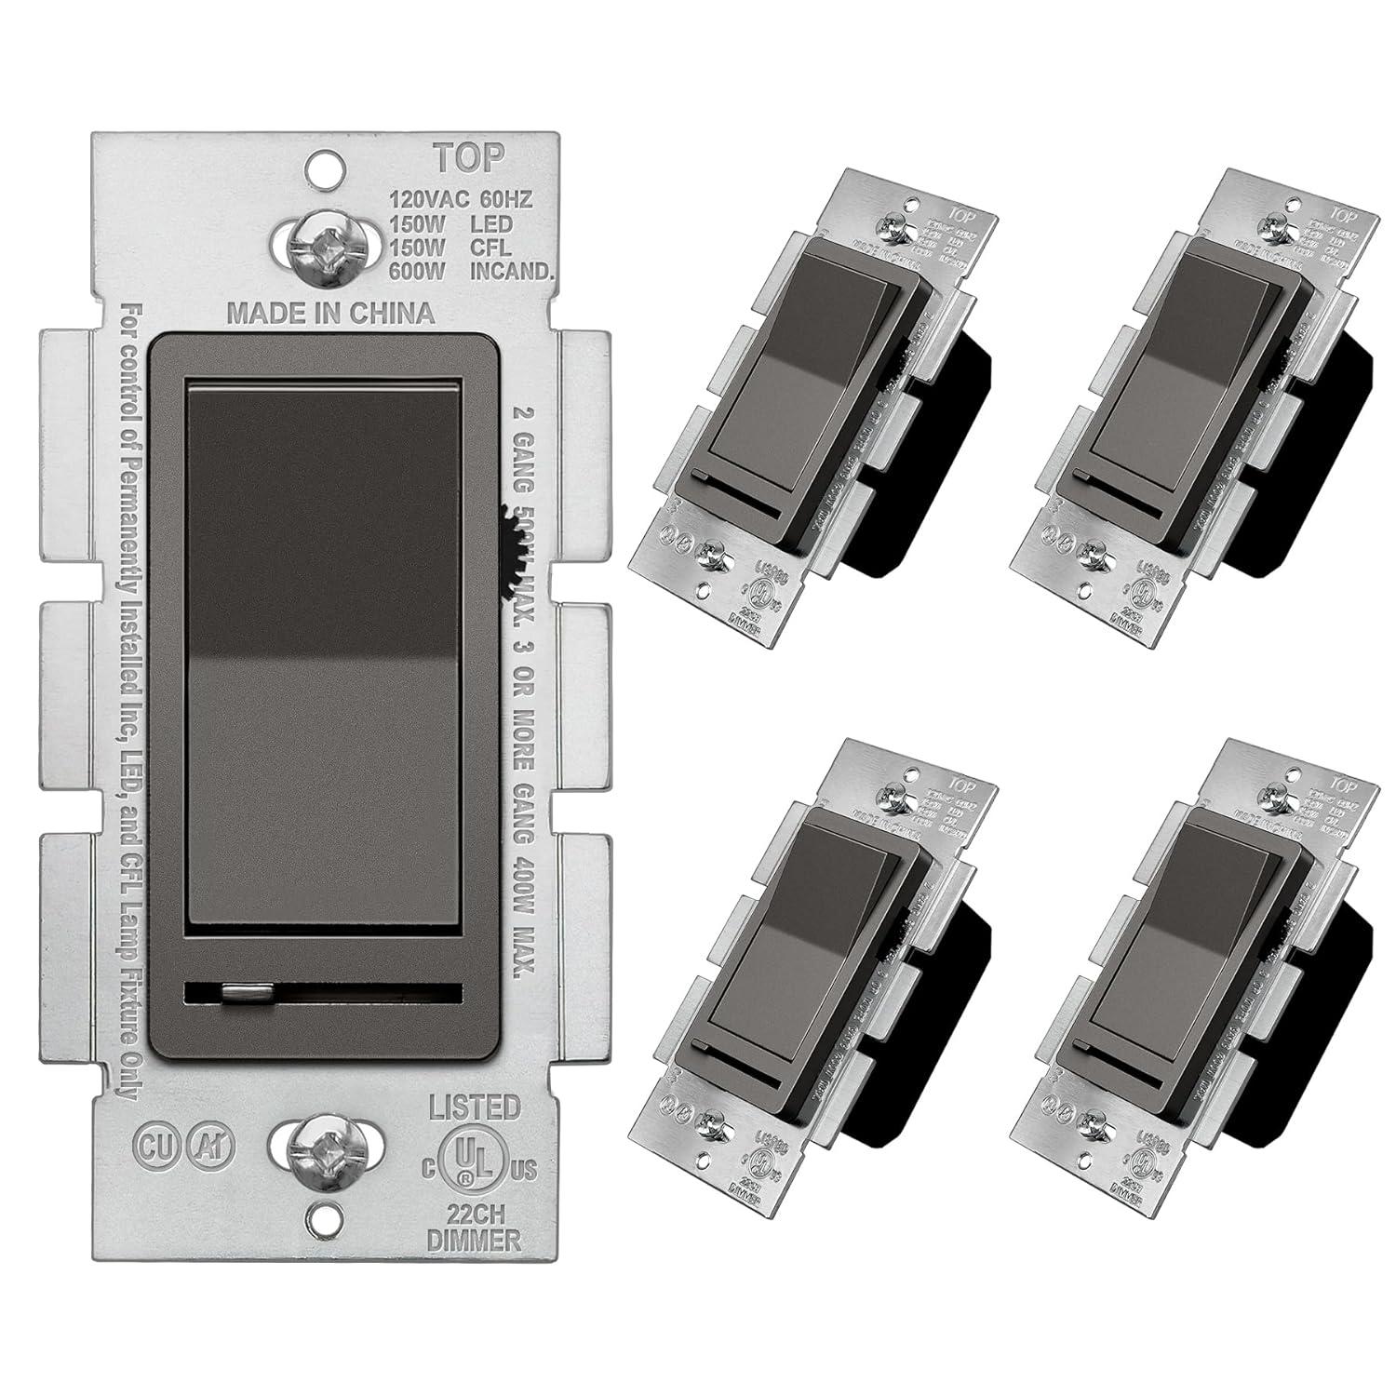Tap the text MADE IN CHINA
click(x=331, y=313)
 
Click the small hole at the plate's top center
click(x=321, y=168)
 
